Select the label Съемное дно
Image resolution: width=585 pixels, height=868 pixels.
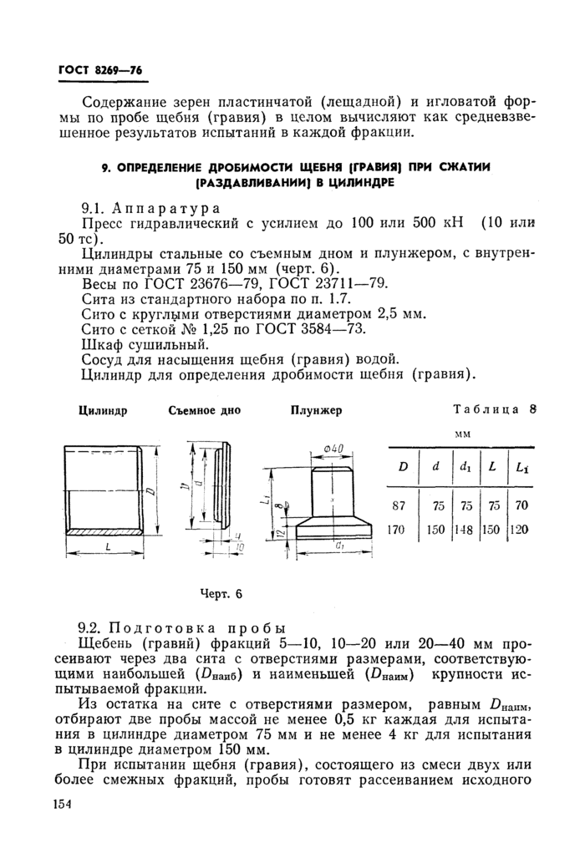204,410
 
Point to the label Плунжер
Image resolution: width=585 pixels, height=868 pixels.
316,410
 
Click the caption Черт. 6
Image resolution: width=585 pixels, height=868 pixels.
221,594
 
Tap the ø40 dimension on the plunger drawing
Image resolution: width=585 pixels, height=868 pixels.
334,450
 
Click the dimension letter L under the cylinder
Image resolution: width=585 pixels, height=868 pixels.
109,546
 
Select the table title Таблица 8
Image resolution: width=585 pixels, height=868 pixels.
494,409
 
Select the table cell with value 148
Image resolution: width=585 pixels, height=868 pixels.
465,529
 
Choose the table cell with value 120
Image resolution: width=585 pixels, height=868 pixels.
522,529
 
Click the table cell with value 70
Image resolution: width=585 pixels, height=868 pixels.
522,505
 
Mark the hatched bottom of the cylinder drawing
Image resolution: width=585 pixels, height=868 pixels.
101,531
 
